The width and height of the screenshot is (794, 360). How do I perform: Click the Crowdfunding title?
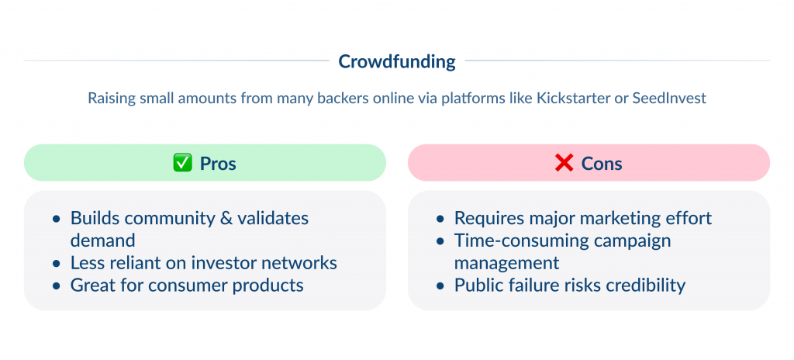397,61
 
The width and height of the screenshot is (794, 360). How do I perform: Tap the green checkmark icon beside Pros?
181,164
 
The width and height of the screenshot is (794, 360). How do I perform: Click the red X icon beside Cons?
564,164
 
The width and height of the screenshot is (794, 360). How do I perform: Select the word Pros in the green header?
218,164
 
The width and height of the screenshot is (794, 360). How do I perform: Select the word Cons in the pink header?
602,164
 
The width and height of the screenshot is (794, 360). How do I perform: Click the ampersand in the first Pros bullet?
226,218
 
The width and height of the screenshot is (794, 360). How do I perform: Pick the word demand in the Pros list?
102,241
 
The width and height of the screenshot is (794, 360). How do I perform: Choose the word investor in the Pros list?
227,263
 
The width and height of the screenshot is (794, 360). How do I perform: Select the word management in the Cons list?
507,263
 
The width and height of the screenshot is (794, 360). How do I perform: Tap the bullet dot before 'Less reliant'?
57,264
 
